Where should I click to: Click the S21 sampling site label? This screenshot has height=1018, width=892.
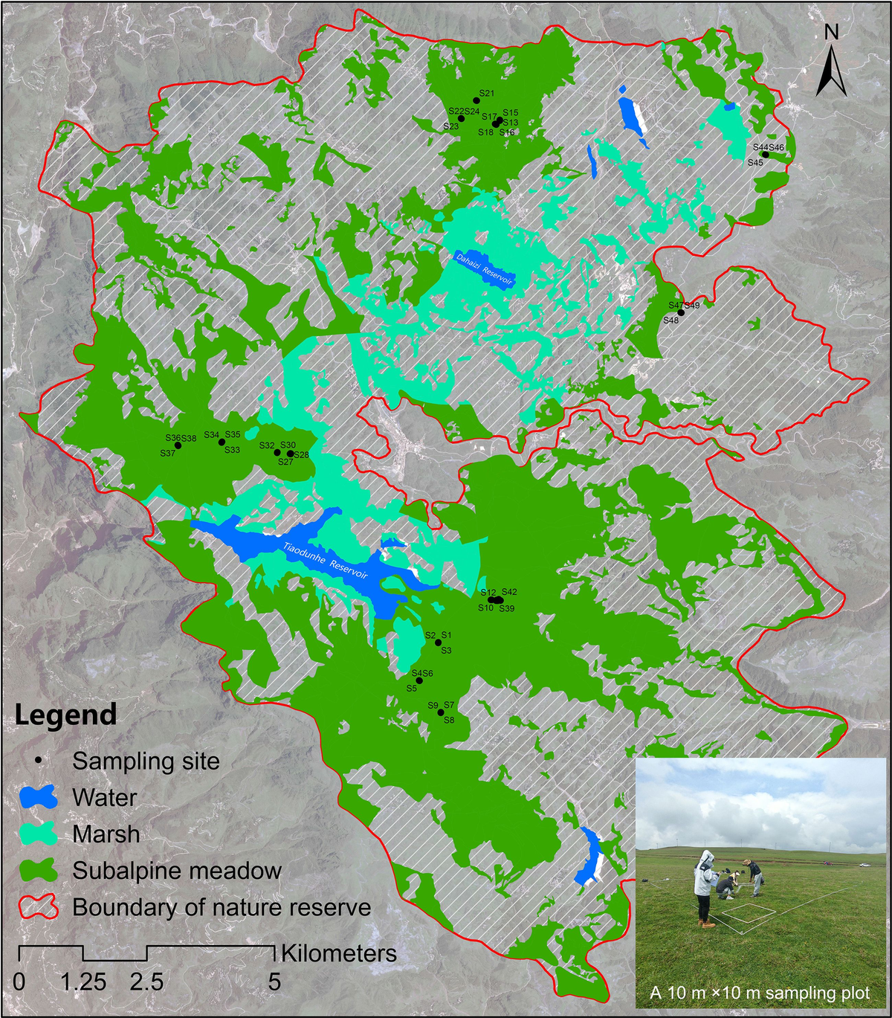coord(487,94)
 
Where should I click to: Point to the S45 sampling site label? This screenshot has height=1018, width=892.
coord(755,162)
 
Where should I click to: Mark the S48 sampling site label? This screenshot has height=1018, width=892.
coord(670,320)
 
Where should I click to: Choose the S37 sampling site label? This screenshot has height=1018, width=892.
coord(167,453)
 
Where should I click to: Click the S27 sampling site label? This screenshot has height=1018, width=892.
coord(285,462)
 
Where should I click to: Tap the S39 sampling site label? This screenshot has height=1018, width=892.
coord(506,608)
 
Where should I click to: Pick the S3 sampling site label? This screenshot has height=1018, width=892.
coord(447,651)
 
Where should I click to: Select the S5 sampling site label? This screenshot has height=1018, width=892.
coord(411,689)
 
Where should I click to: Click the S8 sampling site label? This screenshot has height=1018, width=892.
coord(449,720)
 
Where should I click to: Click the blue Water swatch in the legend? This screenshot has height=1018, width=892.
coord(37,798)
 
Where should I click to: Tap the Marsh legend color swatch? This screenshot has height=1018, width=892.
coord(37,834)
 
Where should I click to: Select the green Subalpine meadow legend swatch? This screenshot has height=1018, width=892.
coord(37,871)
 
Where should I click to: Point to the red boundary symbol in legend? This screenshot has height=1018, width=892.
coord(37,907)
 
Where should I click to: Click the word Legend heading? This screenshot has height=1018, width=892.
coord(66,715)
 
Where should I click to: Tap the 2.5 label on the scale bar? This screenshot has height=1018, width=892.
coord(146,982)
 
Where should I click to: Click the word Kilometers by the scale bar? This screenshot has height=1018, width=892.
coord(338,953)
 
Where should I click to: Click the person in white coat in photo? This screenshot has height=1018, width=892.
coord(704,885)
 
